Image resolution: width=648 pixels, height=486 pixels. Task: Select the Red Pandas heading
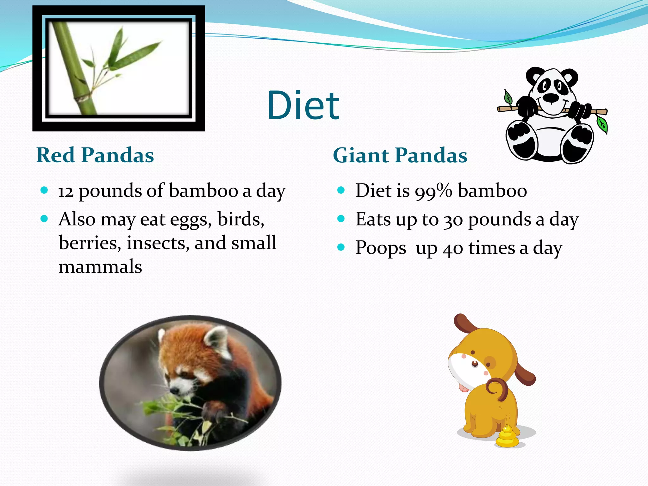point(95,155)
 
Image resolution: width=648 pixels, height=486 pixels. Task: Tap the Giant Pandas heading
point(400,155)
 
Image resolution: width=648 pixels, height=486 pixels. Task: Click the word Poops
point(381,248)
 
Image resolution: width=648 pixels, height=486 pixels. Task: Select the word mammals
point(100,267)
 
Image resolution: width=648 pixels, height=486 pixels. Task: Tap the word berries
point(90,243)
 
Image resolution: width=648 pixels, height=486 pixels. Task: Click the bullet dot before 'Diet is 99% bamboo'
point(341,190)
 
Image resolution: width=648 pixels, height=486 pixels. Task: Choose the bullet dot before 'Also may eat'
point(44,219)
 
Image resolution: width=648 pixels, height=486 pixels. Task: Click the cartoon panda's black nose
point(551,98)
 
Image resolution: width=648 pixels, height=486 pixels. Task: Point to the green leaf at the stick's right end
point(602,124)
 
